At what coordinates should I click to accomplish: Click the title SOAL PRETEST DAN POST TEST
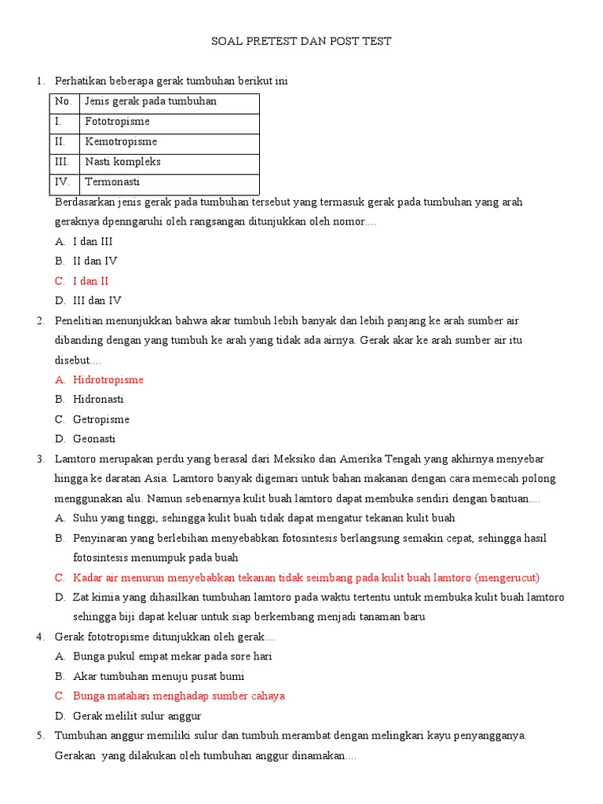(301, 41)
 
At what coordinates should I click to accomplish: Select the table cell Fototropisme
(117, 122)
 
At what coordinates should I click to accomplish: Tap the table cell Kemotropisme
(121, 142)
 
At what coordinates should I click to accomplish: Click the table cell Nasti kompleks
(122, 162)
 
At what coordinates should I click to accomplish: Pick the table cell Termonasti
(112, 181)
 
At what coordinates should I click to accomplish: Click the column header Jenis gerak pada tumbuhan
(151, 101)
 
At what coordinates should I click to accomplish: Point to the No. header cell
(63, 101)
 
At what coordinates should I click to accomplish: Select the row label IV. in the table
(62, 181)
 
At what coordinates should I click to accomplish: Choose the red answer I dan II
(90, 281)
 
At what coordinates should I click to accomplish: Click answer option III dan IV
(97, 301)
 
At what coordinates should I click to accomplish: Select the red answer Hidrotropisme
(108, 380)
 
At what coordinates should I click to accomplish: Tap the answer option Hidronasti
(98, 400)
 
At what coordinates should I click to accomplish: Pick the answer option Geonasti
(94, 439)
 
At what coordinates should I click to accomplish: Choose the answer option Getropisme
(100, 419)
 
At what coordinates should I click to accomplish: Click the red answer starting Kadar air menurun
(306, 577)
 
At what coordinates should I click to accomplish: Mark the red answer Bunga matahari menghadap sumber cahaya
(178, 696)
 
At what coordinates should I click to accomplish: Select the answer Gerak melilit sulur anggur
(137, 715)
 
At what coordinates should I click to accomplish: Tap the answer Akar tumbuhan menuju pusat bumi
(158, 676)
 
